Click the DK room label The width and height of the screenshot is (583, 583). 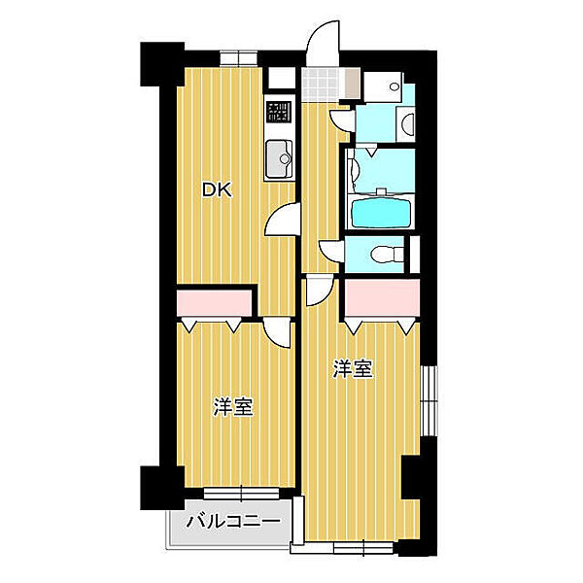(217, 190)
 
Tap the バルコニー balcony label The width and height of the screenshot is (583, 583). (233, 522)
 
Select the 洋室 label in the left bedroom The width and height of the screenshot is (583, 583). (233, 407)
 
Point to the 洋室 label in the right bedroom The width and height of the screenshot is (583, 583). (353, 369)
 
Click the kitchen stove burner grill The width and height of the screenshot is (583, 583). (279, 113)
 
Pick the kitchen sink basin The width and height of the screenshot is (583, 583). (279, 158)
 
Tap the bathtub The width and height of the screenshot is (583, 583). (381, 213)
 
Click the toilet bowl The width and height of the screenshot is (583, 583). (387, 255)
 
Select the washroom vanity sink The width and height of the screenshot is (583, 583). (406, 123)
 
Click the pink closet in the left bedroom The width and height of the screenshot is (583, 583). (214, 302)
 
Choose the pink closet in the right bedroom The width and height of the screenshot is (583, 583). (382, 298)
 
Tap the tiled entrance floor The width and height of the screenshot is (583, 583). (321, 84)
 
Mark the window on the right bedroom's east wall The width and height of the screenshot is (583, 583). (429, 400)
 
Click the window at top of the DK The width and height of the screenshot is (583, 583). (238, 58)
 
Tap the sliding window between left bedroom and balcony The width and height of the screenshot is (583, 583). (241, 494)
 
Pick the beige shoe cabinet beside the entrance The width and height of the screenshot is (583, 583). (353, 84)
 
